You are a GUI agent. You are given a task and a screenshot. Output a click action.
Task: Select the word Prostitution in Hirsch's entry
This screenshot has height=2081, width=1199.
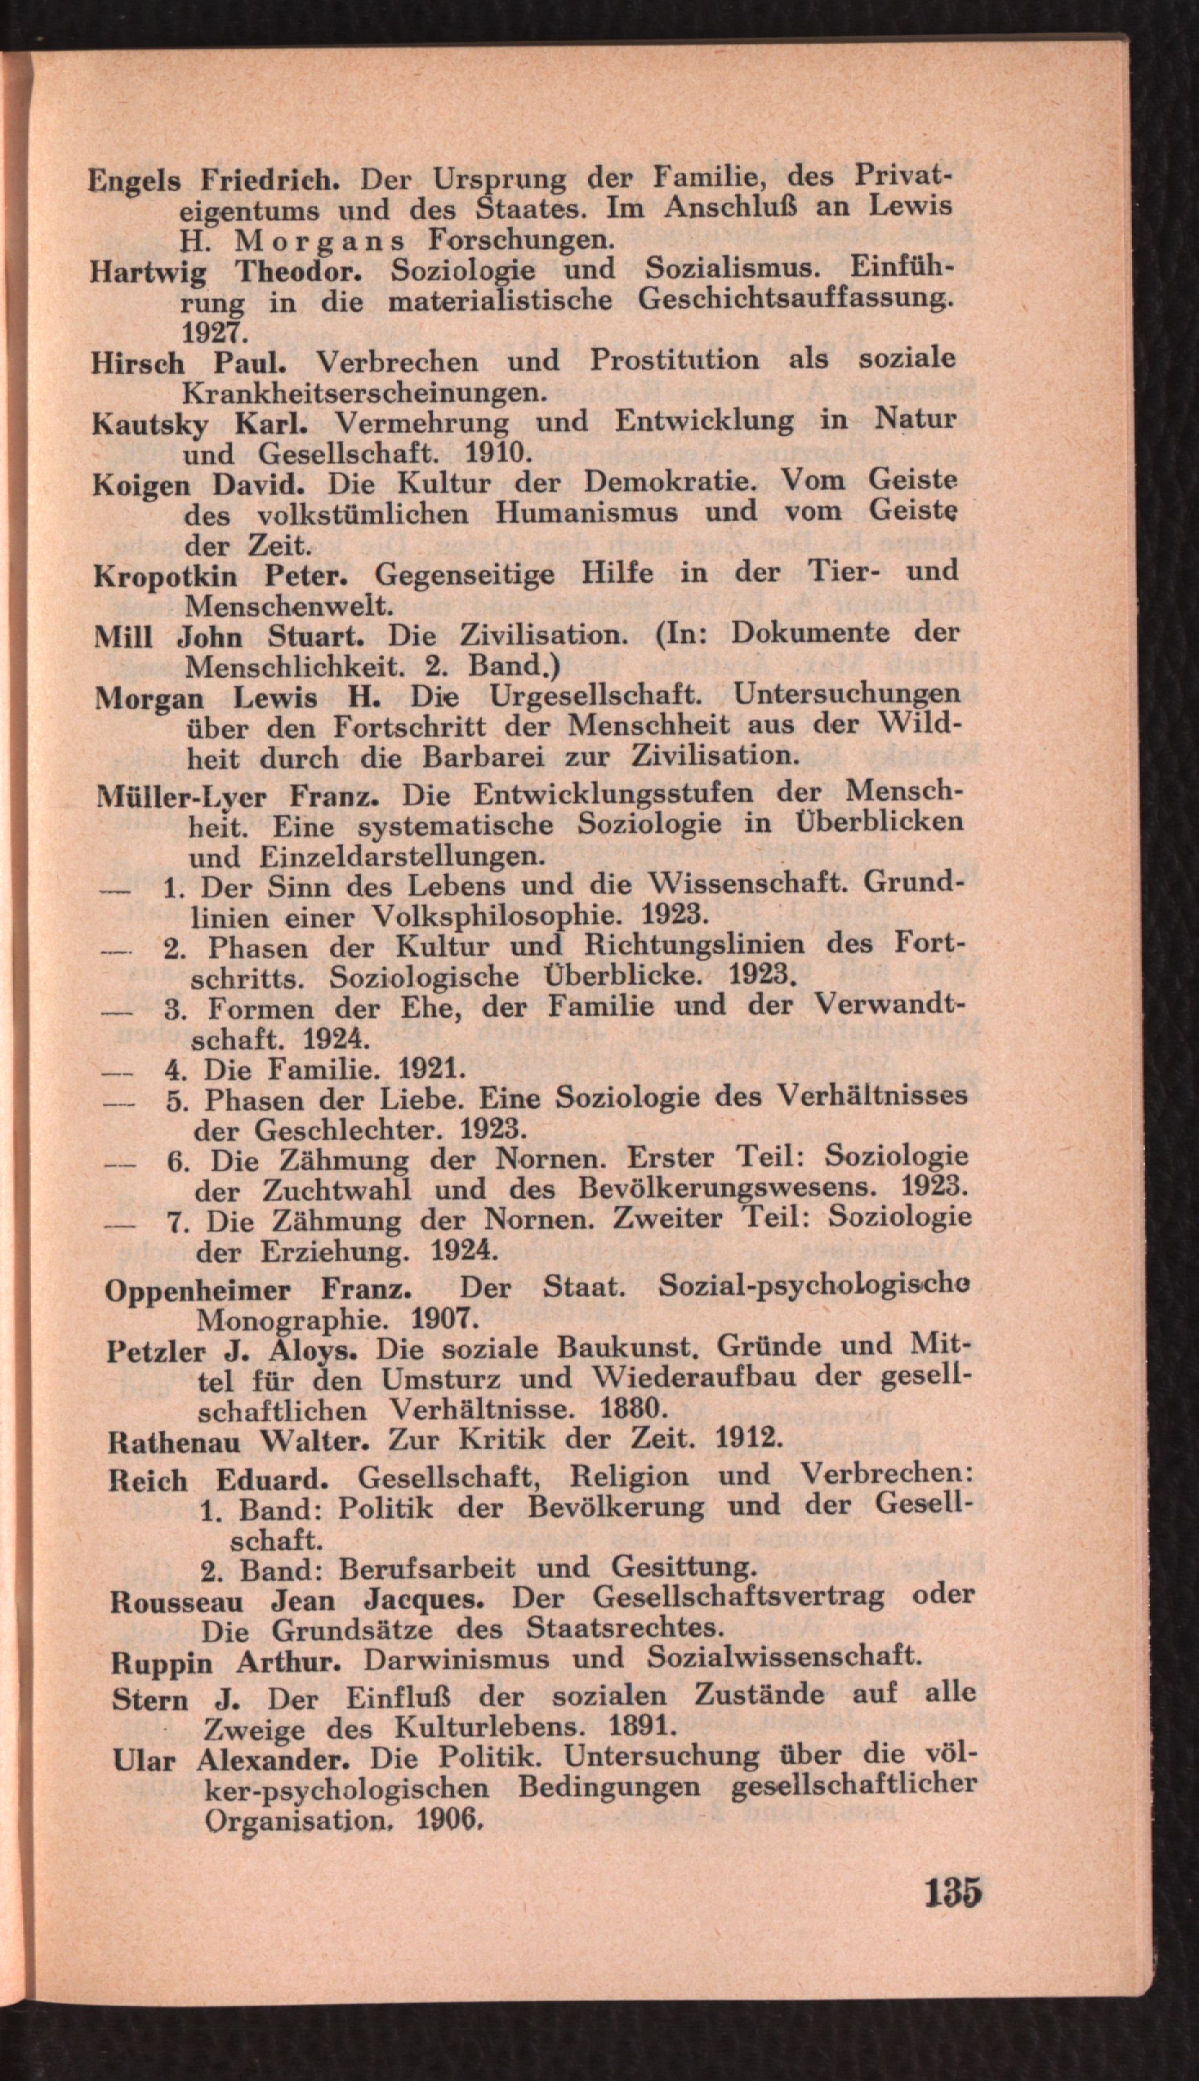[674, 360]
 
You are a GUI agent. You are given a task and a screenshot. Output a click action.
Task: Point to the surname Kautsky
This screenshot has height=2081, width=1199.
[150, 424]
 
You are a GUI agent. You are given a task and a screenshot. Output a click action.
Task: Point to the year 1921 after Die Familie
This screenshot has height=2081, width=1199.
[433, 1070]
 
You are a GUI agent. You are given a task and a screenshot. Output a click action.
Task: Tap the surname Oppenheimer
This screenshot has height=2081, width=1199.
[198, 1289]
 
